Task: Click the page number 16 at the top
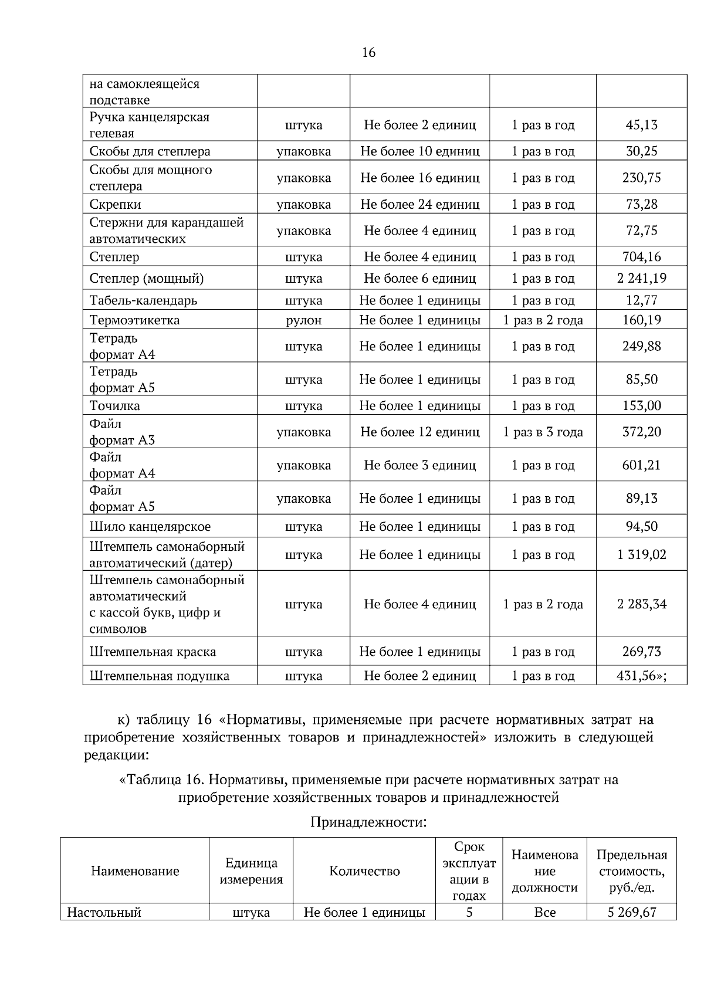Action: click(368, 53)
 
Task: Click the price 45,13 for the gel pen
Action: click(641, 125)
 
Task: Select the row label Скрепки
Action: click(116, 205)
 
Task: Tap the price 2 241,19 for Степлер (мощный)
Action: click(641, 279)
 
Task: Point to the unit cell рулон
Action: click(303, 320)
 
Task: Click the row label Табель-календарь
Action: click(143, 301)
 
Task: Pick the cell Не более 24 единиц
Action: click(419, 205)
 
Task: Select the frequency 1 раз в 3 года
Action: click(543, 432)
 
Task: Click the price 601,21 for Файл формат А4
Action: click(641, 466)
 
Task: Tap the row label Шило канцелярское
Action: click(150, 527)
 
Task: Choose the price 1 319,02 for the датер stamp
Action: click(641, 555)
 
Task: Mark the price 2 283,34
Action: click(641, 604)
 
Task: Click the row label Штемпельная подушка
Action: click(159, 676)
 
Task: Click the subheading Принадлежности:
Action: click(368, 822)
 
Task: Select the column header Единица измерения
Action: click(251, 871)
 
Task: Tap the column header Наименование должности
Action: click(544, 871)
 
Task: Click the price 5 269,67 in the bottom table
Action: click(631, 913)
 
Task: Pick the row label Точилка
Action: click(114, 406)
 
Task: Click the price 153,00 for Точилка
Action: click(641, 406)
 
